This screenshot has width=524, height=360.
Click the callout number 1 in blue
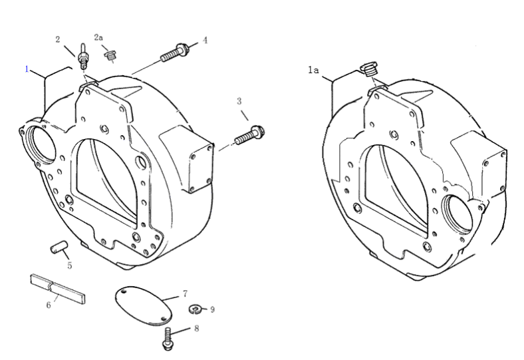[x=27, y=69]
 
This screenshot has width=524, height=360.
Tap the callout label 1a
[x=314, y=69]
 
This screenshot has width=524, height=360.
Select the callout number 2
[x=58, y=39]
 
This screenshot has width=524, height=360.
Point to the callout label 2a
[x=98, y=39]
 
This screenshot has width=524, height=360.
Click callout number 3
[x=239, y=100]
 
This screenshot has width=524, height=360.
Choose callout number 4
[x=205, y=41]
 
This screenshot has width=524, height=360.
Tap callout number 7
[x=185, y=293]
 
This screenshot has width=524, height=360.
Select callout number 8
[x=196, y=328]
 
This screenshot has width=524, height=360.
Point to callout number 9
[x=212, y=309]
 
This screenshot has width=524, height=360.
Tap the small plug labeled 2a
[x=111, y=54]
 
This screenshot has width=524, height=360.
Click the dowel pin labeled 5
[x=58, y=248]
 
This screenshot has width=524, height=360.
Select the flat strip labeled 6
[x=58, y=287]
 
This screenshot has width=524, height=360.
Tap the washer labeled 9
[x=195, y=308]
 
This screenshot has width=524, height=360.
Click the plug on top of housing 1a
[x=368, y=70]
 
